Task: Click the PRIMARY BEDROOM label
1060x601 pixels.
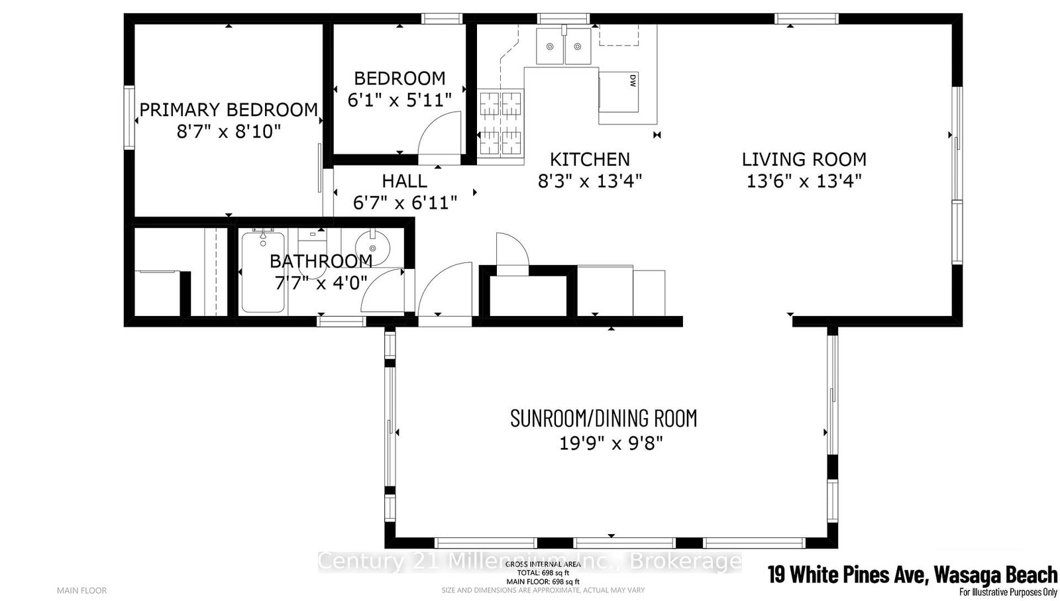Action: click(x=229, y=110)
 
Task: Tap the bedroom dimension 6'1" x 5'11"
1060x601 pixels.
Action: click(x=399, y=100)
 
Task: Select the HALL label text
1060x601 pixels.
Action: click(x=404, y=181)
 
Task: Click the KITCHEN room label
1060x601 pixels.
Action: click(x=590, y=159)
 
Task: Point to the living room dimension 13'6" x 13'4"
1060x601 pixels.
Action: click(x=804, y=181)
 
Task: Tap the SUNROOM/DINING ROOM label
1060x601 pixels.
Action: click(x=604, y=419)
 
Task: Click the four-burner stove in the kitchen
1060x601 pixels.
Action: click(x=501, y=123)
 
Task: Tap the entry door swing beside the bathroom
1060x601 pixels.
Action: click(x=446, y=290)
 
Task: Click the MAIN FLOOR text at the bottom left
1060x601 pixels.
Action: click(x=81, y=590)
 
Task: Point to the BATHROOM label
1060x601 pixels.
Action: click(x=321, y=261)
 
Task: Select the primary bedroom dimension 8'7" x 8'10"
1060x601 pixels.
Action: click(x=229, y=131)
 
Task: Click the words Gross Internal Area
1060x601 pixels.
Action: click(x=543, y=565)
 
